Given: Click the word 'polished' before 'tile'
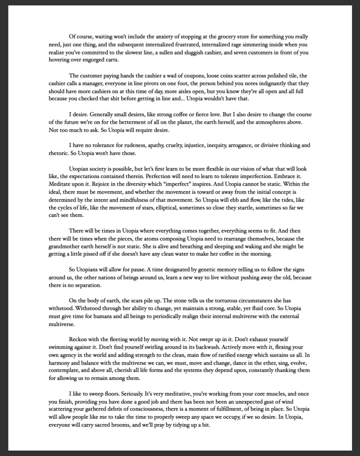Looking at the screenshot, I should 263,76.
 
